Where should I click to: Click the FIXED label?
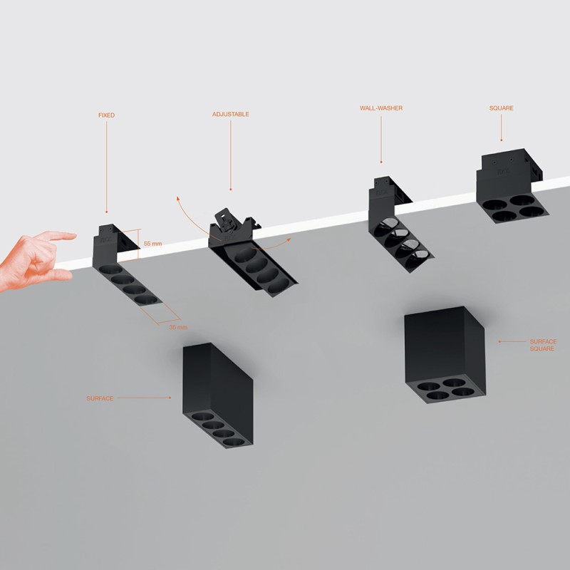(106, 115)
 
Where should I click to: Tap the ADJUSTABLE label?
(231, 114)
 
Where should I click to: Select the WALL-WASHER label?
(381, 108)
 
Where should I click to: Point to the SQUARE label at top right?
(501, 108)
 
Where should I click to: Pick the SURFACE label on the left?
(100, 398)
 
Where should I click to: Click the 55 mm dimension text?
(152, 244)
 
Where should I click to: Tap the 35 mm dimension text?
(178, 327)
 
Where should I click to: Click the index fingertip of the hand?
(71, 235)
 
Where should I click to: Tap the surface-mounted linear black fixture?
(218, 395)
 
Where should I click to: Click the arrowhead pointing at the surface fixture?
(169, 398)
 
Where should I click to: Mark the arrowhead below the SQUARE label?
(502, 140)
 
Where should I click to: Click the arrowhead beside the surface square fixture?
(499, 342)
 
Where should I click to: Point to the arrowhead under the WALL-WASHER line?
(381, 162)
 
